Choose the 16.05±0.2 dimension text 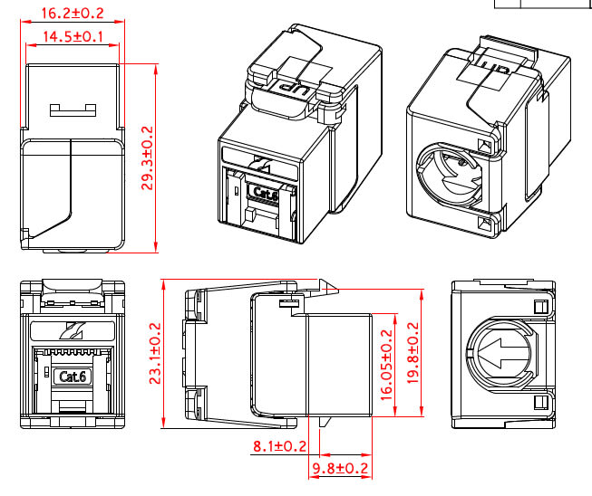coord(387,358)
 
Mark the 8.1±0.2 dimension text coord(277,446)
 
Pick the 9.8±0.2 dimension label coord(340,468)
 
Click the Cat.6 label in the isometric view coord(265,192)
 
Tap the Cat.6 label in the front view coord(73,377)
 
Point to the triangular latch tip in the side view coord(329,289)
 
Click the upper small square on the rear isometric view coord(484,146)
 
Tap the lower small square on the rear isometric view coord(484,223)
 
